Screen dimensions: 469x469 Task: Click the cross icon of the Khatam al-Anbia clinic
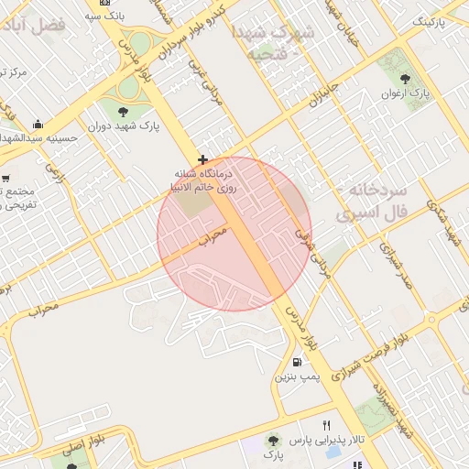(202, 160)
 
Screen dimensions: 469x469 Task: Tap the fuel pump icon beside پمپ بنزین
(303, 361)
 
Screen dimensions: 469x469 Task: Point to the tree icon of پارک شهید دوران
(123, 112)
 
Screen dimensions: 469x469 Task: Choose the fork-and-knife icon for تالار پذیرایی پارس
(326, 425)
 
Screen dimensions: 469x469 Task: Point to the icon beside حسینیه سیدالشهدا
(38, 124)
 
